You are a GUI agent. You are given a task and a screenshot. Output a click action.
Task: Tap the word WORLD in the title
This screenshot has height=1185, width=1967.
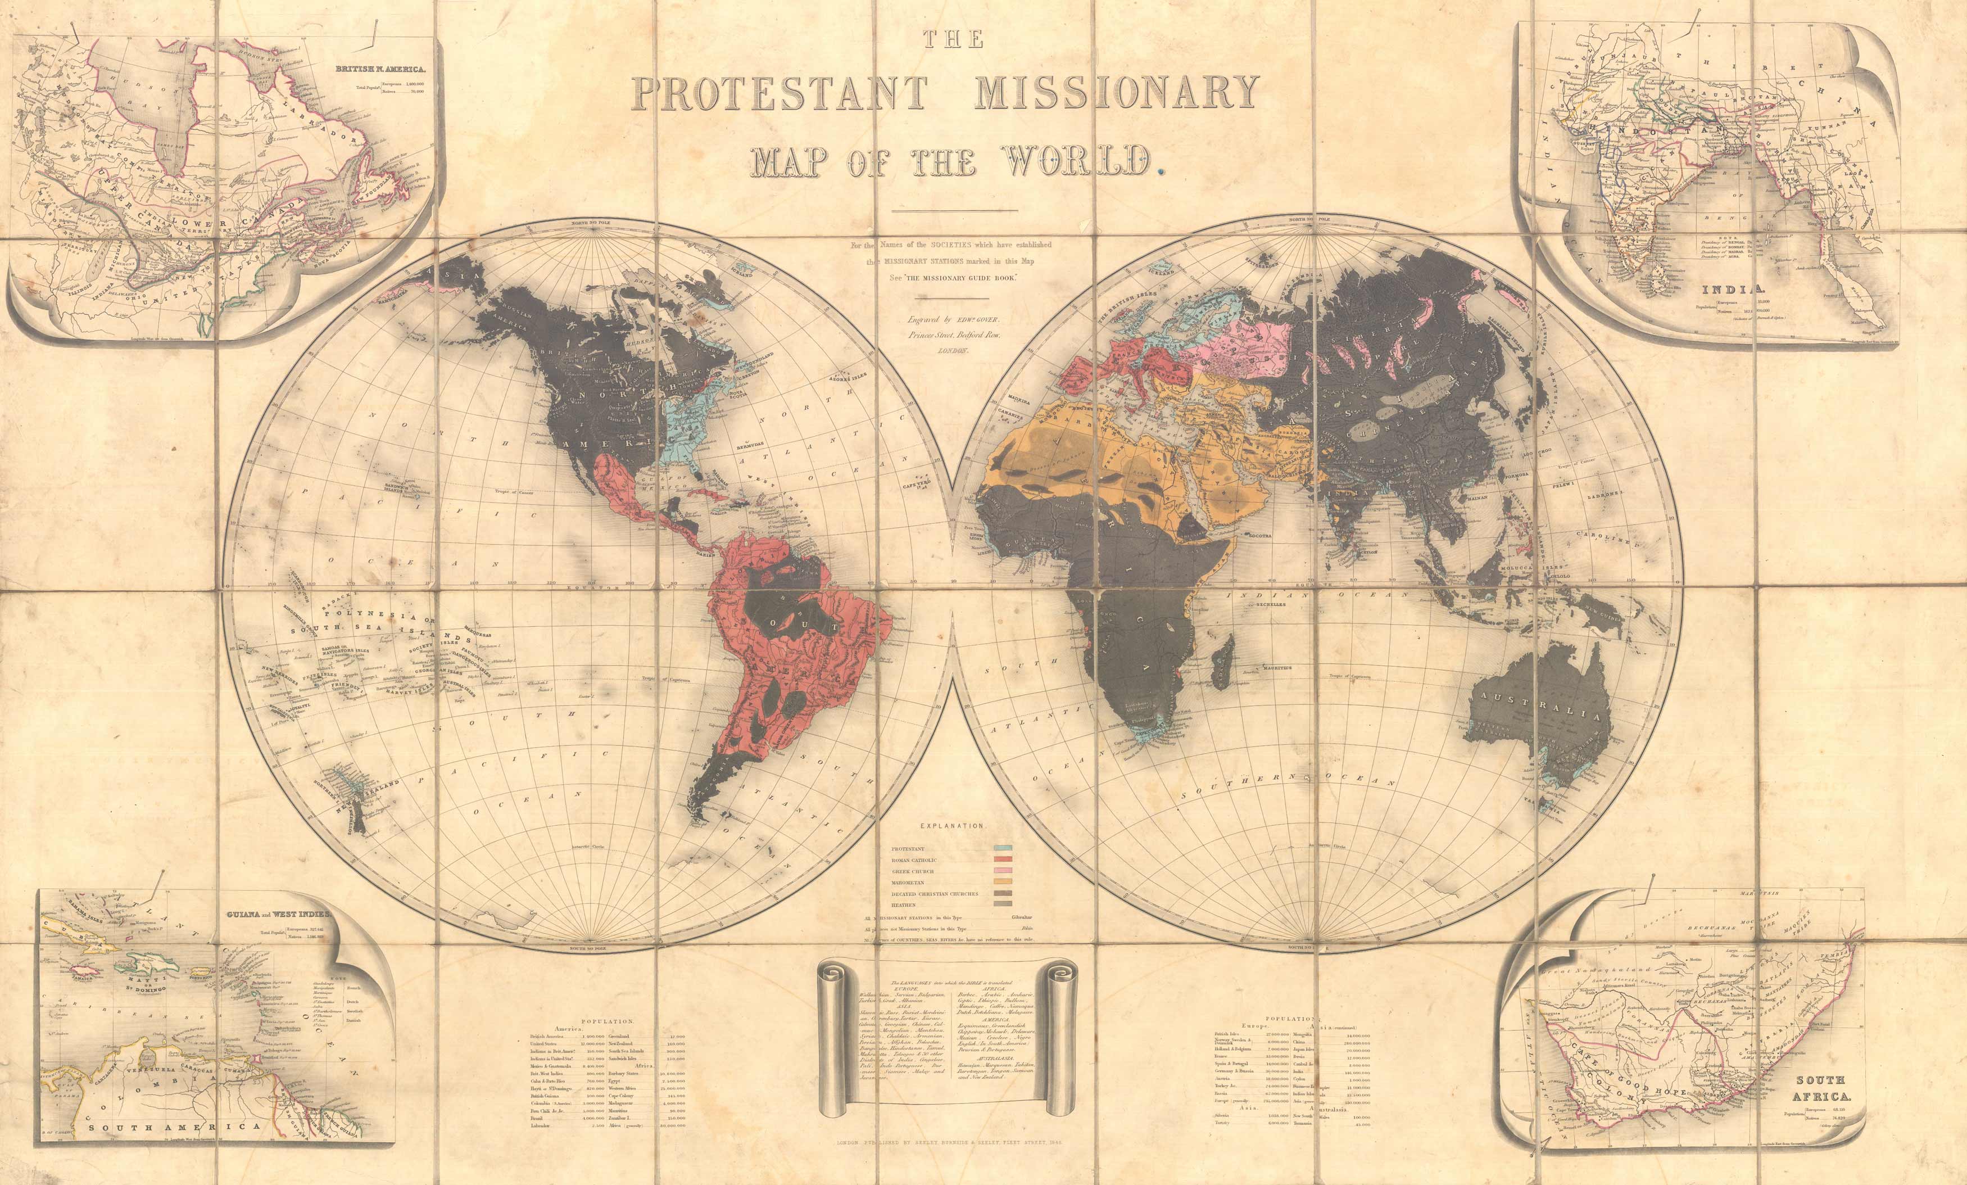pos(1078,162)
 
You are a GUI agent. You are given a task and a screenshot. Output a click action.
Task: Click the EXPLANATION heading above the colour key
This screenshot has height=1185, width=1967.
pos(953,826)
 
